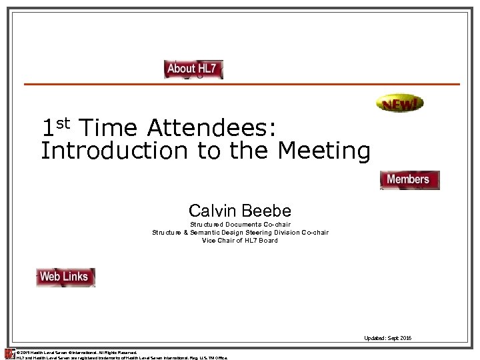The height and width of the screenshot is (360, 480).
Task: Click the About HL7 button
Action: pos(193,69)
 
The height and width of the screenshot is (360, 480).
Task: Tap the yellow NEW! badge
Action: pos(399,103)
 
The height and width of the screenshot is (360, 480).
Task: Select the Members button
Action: pos(409,180)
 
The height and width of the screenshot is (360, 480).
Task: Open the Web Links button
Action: pos(65,277)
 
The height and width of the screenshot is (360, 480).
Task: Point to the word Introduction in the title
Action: pos(114,151)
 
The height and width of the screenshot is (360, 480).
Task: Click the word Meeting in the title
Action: pos(323,151)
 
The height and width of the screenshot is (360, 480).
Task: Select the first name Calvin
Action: pos(213,211)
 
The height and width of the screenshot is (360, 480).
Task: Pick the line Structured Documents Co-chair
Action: pos(240,225)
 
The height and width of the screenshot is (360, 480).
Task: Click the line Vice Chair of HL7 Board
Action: pos(240,240)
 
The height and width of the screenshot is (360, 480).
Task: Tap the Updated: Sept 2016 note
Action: pos(387,338)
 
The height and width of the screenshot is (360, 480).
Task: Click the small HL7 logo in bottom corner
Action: pos(9,354)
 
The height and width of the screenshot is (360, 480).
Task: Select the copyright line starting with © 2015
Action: pos(77,352)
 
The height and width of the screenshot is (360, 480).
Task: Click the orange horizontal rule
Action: pos(241,84)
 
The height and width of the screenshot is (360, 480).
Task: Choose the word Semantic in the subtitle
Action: pos(207,233)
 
